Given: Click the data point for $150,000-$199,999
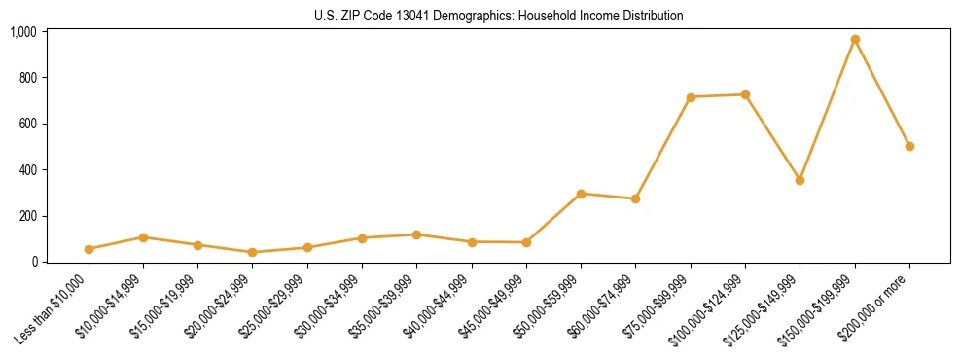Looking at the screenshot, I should pyautogui.click(x=855, y=40).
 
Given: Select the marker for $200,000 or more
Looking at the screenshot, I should pyautogui.click(x=909, y=146).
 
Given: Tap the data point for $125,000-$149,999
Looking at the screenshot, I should pyautogui.click(x=800, y=180).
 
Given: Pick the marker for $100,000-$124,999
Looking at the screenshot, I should pyautogui.click(x=745, y=94).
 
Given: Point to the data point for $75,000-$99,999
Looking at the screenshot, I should pyautogui.click(x=691, y=97).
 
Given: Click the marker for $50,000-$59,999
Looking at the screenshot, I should pyautogui.click(x=581, y=194).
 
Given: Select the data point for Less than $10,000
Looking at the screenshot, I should pyautogui.click(x=89, y=249).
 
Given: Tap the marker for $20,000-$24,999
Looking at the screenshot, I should pyautogui.click(x=253, y=252).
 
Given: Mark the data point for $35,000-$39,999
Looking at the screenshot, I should pyautogui.click(x=416, y=234).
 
